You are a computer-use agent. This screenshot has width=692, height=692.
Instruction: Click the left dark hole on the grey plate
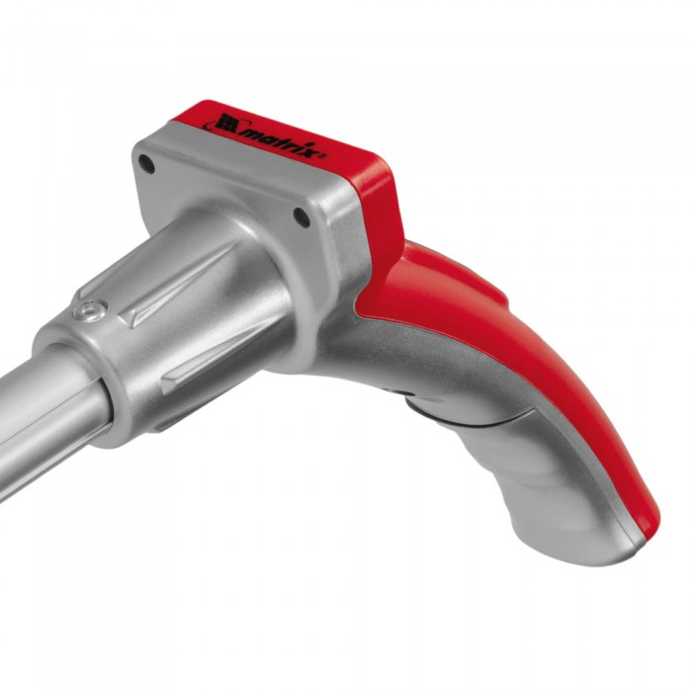[x=146, y=164]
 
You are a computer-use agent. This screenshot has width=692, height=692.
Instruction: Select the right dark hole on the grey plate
[x=302, y=217]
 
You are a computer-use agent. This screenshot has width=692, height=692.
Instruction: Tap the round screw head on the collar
[x=90, y=310]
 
